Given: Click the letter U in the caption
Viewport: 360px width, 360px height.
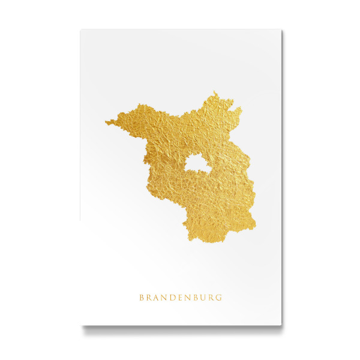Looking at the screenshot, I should pyautogui.click(x=203, y=297).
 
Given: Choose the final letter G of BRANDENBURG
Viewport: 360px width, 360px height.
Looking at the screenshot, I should pyautogui.click(x=218, y=297).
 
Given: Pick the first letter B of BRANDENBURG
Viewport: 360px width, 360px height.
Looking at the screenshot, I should pyautogui.click(x=142, y=297).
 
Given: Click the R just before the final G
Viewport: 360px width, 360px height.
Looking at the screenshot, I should pyautogui.click(x=211, y=297).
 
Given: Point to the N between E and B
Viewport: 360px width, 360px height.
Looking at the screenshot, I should pyautogui.click(x=186, y=297).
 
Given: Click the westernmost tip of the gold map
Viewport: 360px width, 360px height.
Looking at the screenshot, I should pyautogui.click(x=106, y=124).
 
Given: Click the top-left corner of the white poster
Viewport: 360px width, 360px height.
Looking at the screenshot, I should pyautogui.click(x=80, y=29).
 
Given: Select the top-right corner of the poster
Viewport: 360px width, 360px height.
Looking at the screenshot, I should pyautogui.click(x=281, y=29).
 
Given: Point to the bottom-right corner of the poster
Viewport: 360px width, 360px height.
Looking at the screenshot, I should pyautogui.click(x=281, y=325).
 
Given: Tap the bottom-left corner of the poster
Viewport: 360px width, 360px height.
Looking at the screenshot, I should pyautogui.click(x=80, y=325).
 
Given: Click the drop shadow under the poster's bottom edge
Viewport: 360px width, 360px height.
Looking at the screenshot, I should pyautogui.click(x=180, y=329).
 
